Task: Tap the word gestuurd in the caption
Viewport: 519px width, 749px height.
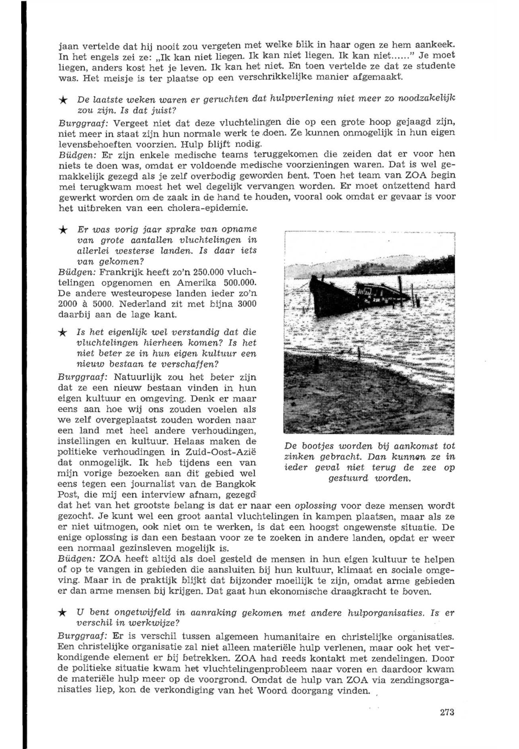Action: (x=347, y=478)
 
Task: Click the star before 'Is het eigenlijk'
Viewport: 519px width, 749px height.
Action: (x=63, y=333)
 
